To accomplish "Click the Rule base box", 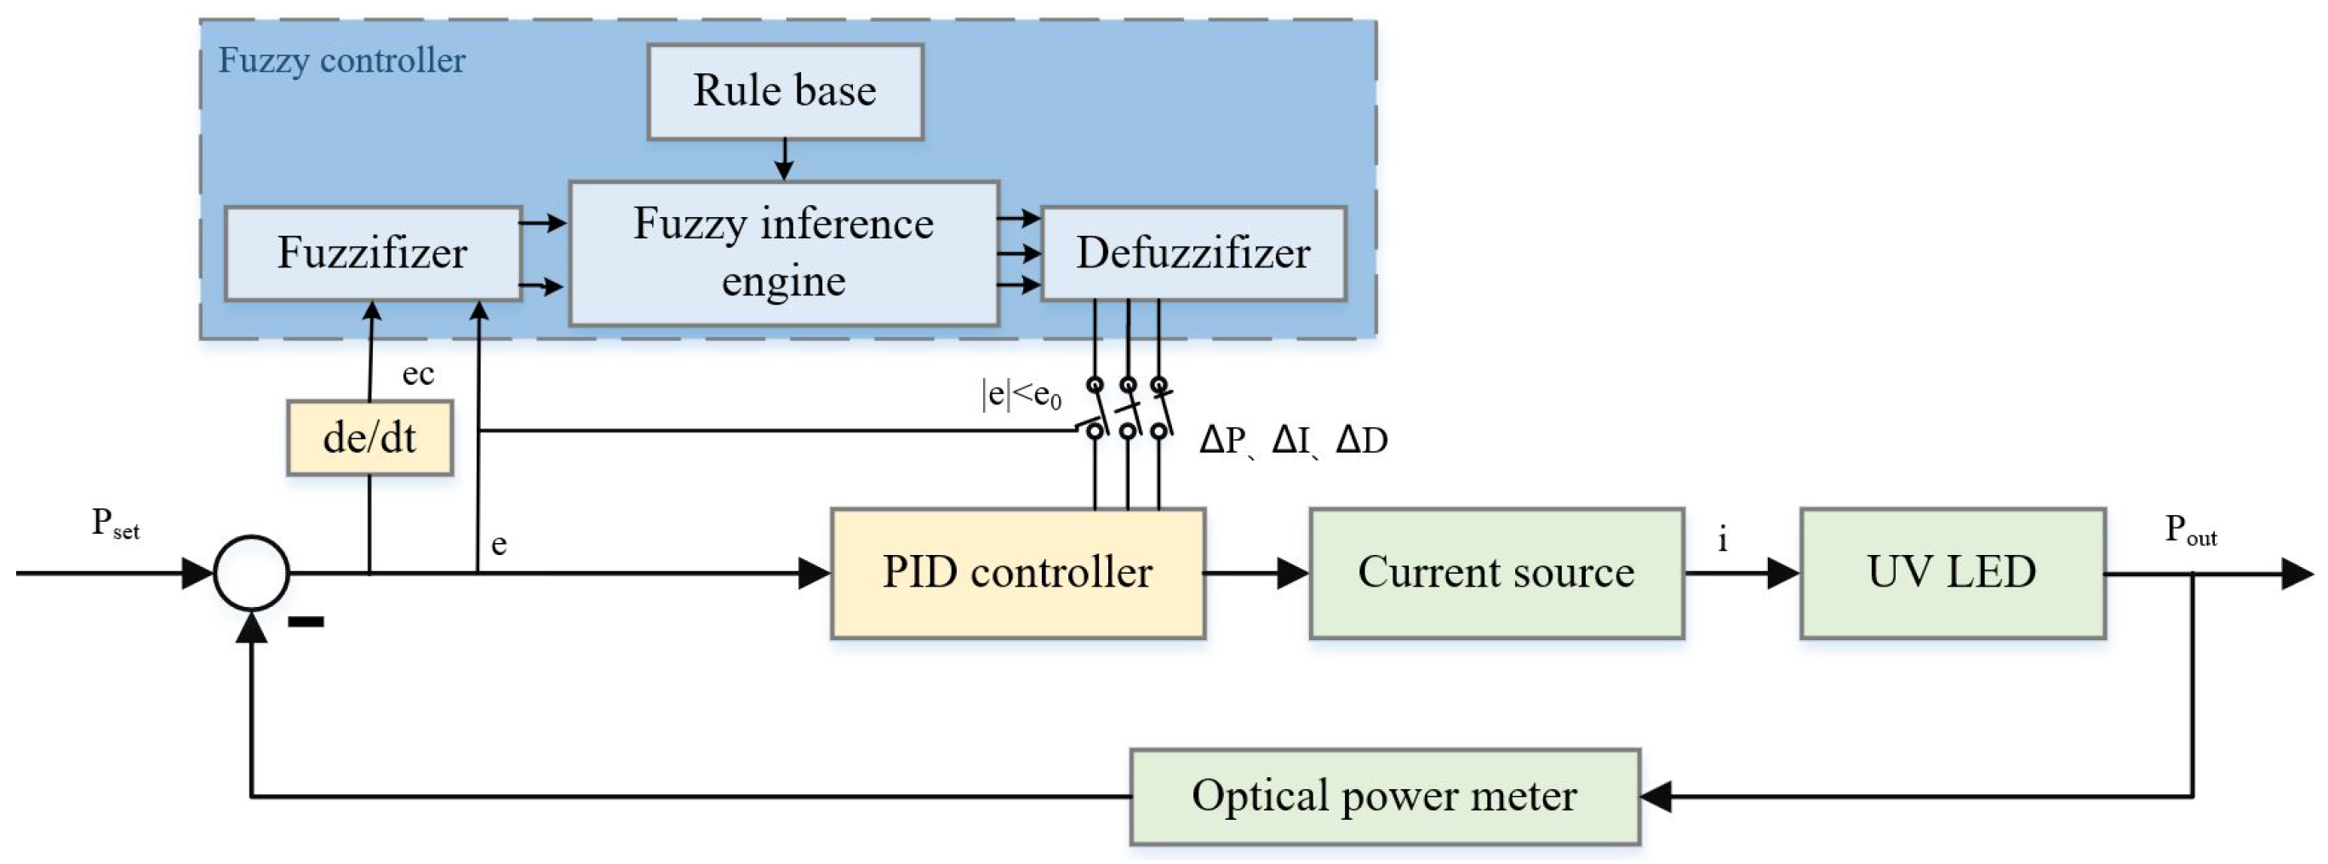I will pyautogui.click(x=785, y=91).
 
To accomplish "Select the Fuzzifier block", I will pyautogui.click(x=372, y=253).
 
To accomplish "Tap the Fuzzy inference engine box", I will pyautogui.click(x=784, y=253).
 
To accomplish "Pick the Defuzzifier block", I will pyautogui.click(x=1193, y=253).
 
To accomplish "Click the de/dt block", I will pyautogui.click(x=369, y=438).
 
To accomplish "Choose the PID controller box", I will pyautogui.click(x=1018, y=573).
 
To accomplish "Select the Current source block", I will pyautogui.click(x=1496, y=573).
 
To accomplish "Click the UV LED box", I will pyautogui.click(x=1952, y=573).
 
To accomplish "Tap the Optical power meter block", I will pyautogui.click(x=1385, y=796).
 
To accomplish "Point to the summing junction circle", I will pyautogui.click(x=251, y=573).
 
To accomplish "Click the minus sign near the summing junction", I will pyautogui.click(x=306, y=621).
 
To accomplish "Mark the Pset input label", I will pyautogui.click(x=115, y=524).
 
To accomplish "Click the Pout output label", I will pyautogui.click(x=2191, y=530).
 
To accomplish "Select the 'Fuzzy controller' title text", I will pyautogui.click(x=341, y=61).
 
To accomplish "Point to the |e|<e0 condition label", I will pyautogui.click(x=1021, y=395).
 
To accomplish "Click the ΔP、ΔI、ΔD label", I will pyautogui.click(x=1292, y=441).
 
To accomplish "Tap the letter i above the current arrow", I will pyautogui.click(x=1723, y=540).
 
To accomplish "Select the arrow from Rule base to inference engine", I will pyautogui.click(x=785, y=161).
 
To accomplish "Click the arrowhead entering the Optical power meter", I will pyautogui.click(x=1656, y=797).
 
